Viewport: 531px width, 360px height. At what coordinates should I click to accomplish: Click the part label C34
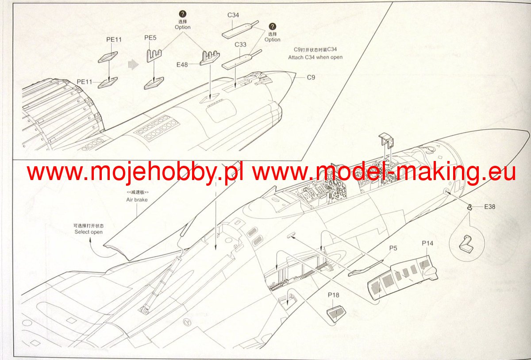pos(233,15)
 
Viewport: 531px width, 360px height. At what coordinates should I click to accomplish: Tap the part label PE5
pos(150,38)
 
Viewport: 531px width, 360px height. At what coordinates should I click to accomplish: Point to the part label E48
pos(182,65)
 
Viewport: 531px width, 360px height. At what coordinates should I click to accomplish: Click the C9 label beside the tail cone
pos(311,77)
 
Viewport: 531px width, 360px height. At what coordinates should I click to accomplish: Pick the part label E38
pos(490,207)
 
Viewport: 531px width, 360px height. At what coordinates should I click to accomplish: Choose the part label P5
pos(393,248)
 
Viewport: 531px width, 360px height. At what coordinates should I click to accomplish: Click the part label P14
pos(427,243)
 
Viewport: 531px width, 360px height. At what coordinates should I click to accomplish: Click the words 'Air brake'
pos(137,199)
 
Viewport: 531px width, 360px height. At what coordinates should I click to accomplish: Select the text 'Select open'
pos(88,232)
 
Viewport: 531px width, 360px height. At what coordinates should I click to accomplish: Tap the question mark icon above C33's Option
pos(272,26)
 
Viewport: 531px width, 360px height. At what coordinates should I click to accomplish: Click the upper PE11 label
pos(114,39)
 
